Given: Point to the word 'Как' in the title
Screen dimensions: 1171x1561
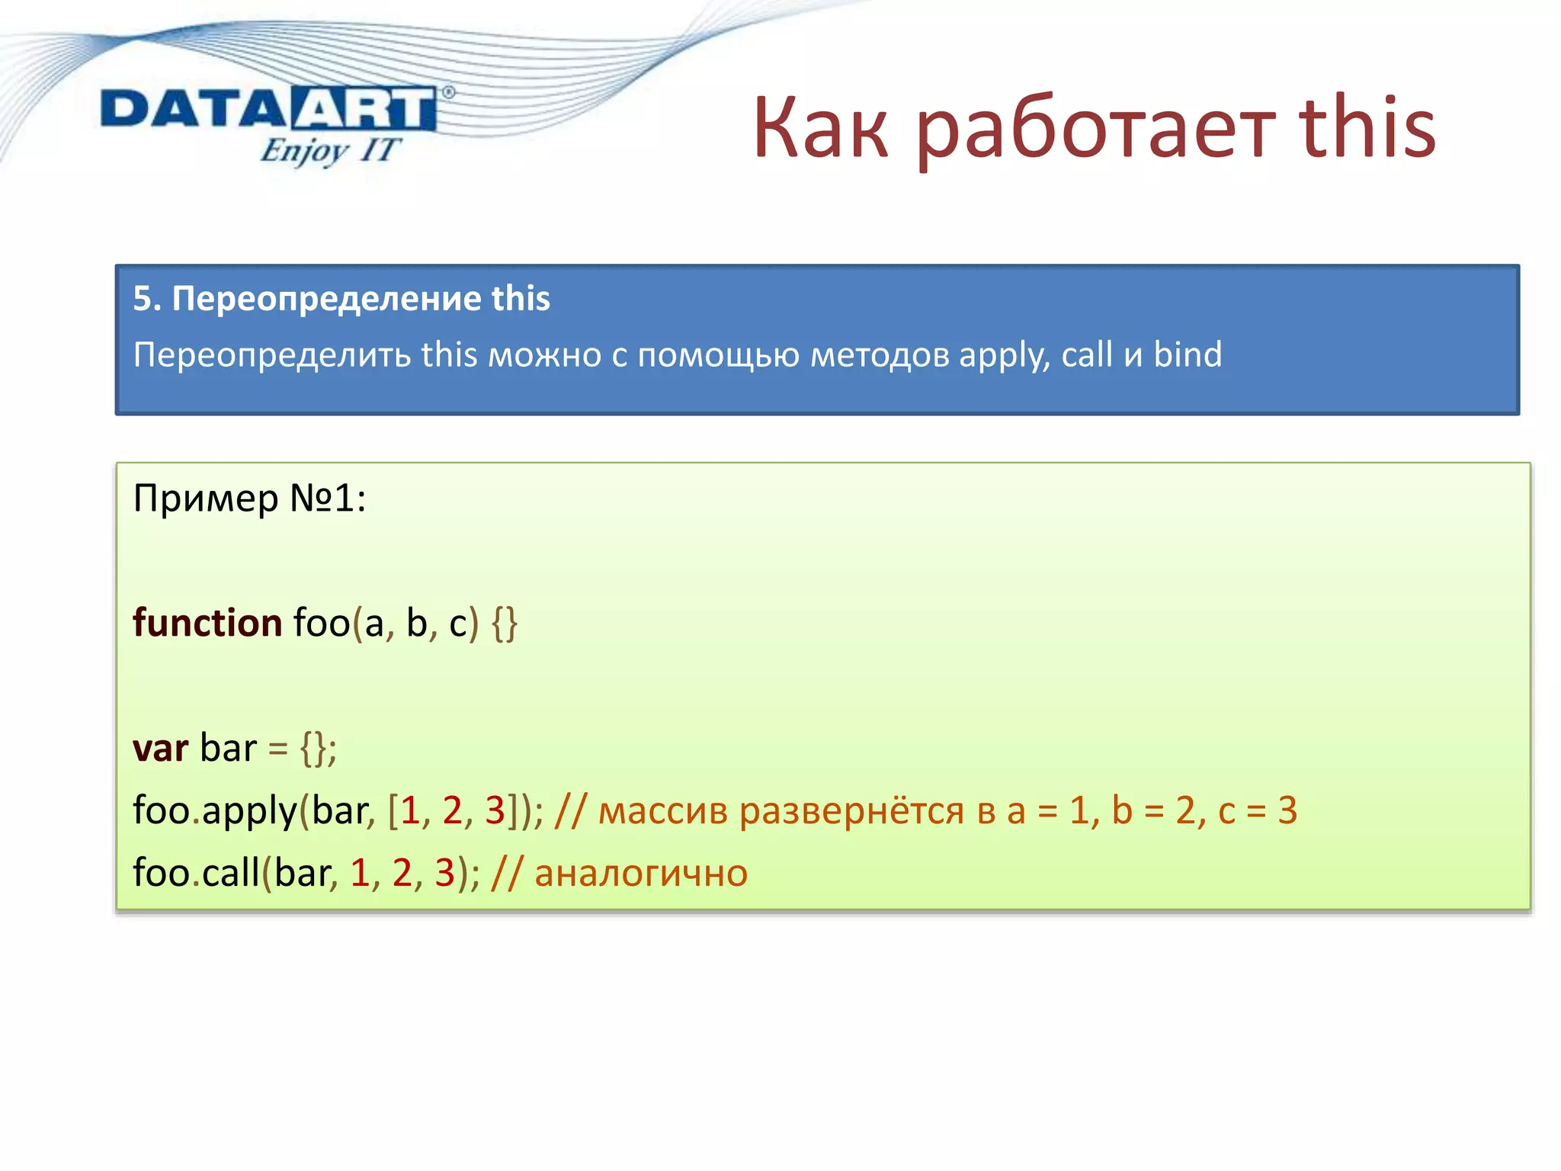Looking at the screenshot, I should coord(820,130).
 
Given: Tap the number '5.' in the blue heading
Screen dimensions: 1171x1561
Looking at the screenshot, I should coord(147,298).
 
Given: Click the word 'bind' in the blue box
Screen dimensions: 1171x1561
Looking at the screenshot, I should coord(1188,355).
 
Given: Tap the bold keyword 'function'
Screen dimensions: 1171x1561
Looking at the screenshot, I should coord(207,623).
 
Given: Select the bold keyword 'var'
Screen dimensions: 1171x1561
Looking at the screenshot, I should coord(160,748).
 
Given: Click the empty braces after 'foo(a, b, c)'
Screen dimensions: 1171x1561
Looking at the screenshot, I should coord(504,624).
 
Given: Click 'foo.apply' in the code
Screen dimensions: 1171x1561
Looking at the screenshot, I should coord(214,810).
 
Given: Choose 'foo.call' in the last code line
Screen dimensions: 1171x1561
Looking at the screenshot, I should coord(196,873).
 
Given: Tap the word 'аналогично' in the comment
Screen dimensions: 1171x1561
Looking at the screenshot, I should coord(641,873).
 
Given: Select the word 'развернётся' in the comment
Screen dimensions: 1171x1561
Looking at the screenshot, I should coord(851,810).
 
